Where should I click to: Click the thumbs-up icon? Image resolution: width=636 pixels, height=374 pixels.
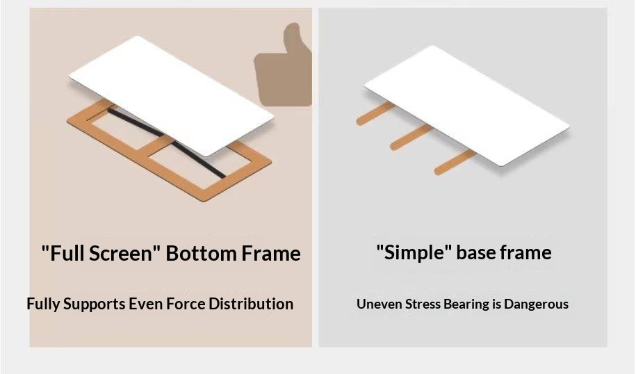click(x=283, y=69)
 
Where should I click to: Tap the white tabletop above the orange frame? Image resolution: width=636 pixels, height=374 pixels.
click(x=171, y=95)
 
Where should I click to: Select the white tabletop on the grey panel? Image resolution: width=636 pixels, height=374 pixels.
click(x=466, y=106)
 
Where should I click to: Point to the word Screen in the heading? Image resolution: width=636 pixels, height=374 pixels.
click(x=120, y=254)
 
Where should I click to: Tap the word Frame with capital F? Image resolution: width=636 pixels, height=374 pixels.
click(x=271, y=254)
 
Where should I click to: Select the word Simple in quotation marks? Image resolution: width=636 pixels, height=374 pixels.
click(x=414, y=253)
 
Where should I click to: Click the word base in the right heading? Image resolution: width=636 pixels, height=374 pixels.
click(x=476, y=253)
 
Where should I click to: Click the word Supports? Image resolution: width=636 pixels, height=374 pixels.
click(x=94, y=304)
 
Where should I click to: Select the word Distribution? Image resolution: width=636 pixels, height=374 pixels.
click(x=251, y=304)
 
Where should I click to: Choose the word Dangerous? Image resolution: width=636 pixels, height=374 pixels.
click(x=536, y=304)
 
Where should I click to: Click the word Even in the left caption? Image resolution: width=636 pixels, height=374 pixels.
click(x=145, y=304)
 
